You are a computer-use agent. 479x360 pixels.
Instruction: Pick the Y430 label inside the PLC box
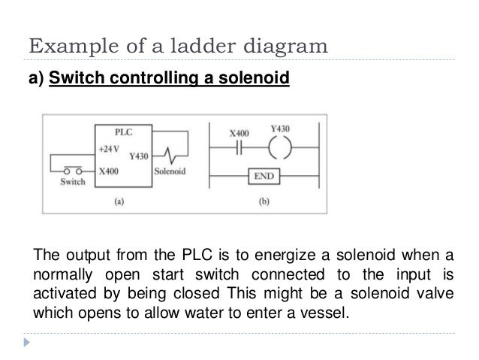[140, 156]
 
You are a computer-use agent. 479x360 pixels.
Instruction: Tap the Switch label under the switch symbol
[72, 182]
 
